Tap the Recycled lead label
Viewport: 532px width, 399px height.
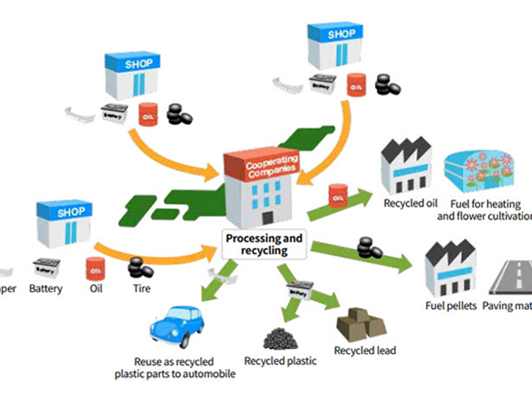point(364,351)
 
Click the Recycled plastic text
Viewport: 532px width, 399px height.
point(281,361)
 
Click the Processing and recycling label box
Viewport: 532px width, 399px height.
point(264,245)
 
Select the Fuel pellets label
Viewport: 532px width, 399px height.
point(450,306)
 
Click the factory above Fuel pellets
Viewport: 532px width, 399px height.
point(450,265)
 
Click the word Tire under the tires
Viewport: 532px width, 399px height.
point(142,289)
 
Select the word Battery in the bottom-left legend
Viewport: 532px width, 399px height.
point(46,289)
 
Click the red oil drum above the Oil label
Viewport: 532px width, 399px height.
point(96,267)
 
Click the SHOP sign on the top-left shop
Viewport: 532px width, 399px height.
point(139,64)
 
